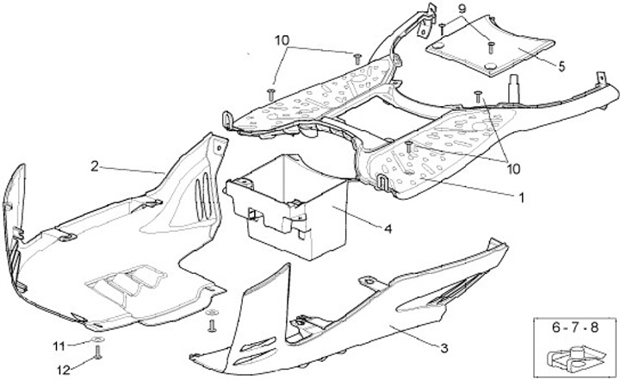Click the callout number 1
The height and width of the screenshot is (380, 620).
[520, 196]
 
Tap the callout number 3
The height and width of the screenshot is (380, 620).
[444, 348]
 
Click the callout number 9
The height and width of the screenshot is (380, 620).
[461, 9]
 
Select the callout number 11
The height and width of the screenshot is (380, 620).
[59, 346]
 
